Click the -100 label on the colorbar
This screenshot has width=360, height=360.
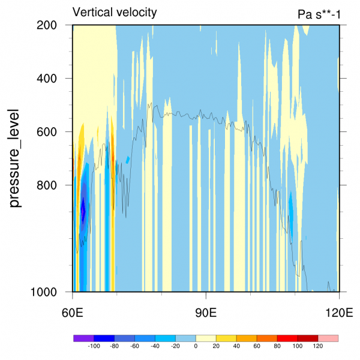click(x=94, y=346)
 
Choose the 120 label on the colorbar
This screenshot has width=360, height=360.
click(x=318, y=346)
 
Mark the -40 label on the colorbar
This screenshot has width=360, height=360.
click(x=155, y=346)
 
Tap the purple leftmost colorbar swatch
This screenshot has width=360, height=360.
click(x=83, y=338)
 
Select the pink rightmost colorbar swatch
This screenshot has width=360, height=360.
click(x=328, y=338)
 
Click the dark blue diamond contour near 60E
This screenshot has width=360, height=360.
click(x=83, y=211)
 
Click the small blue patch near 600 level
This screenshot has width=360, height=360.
click(x=128, y=160)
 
